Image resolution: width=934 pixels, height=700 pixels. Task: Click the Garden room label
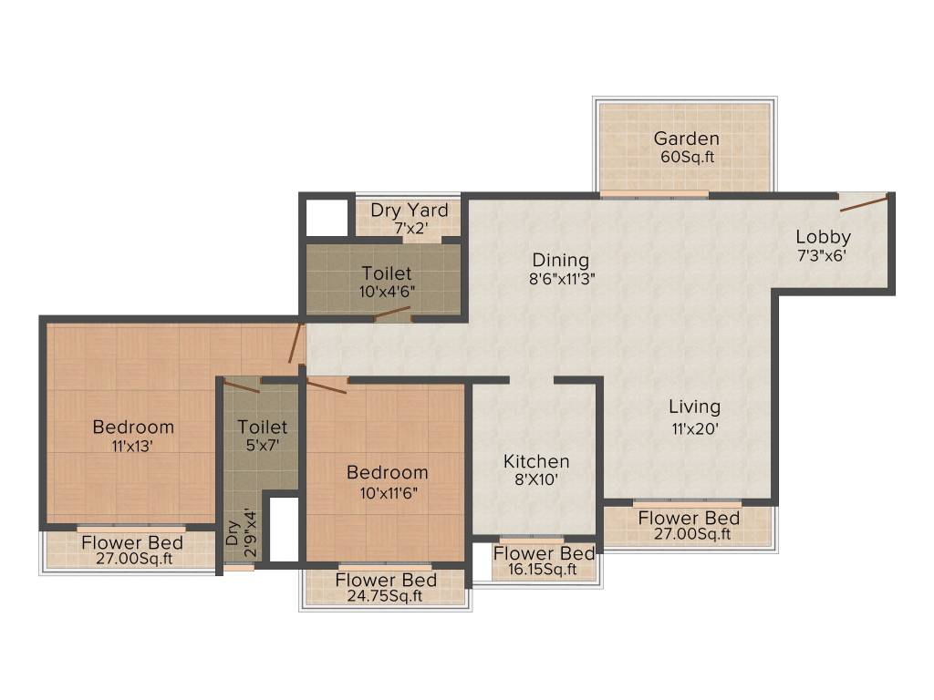686,139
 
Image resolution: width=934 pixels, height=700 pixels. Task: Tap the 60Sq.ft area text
686,157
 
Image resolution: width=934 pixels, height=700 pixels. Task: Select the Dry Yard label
409,211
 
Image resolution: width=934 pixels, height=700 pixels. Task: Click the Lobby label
823,238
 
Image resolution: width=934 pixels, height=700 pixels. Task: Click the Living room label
694,407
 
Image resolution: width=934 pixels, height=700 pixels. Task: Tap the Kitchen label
536,462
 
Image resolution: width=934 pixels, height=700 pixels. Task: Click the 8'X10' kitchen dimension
536,480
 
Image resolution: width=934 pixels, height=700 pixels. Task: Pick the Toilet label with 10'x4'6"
386,273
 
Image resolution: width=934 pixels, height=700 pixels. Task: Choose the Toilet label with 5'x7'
262,427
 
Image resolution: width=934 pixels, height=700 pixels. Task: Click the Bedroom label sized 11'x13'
133,427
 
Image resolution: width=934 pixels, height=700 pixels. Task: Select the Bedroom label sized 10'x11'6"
387,472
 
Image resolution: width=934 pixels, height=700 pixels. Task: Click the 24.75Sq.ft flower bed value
386,597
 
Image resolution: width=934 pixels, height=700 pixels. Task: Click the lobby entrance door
864,202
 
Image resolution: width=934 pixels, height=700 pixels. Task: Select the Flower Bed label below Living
689,518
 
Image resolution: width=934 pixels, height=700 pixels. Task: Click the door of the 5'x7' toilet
243,386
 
